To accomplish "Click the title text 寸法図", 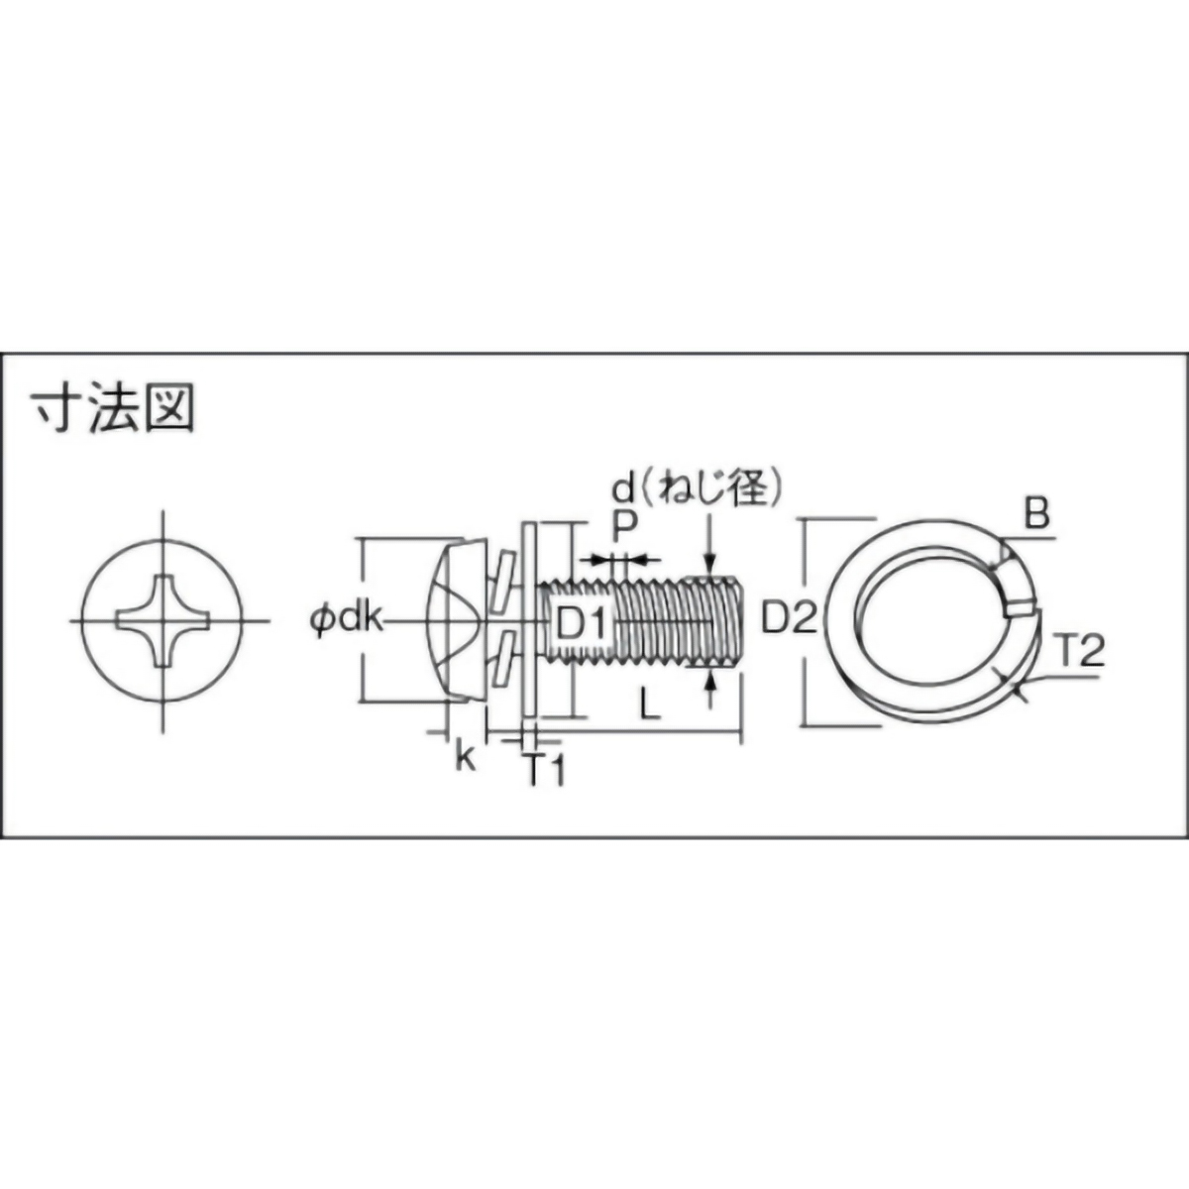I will (x=112, y=408).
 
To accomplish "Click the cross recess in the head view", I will (x=162, y=620).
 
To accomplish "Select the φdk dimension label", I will (x=346, y=620).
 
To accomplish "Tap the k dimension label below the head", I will (x=463, y=758).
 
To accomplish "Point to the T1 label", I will (x=544, y=769).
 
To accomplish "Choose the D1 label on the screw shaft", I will (x=581, y=623).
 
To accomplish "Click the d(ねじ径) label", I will (x=692, y=488).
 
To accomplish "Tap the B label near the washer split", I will (x=1036, y=515).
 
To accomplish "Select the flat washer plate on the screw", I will (x=528, y=620).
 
